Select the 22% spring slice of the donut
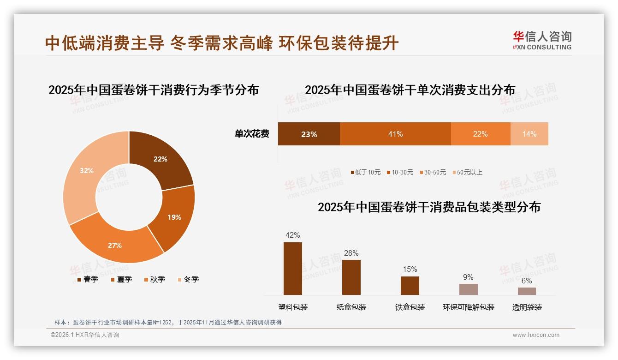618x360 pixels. [161, 160]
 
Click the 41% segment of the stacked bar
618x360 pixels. [395, 134]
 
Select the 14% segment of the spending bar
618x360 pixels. [529, 134]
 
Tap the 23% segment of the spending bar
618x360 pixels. [309, 134]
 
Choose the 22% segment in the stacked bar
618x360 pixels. [480, 134]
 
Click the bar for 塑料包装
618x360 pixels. [293, 269]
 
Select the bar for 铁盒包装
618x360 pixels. [410, 286]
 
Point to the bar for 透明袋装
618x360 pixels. [527, 291]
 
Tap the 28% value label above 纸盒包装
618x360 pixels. [351, 253]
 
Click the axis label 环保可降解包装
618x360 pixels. [468, 307]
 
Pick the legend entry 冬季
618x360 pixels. [188, 280]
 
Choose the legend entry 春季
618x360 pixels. [88, 280]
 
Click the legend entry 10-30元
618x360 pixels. [400, 173]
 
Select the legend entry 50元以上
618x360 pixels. [467, 173]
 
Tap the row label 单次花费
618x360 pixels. [252, 134]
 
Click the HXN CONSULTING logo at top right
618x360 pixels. [542, 41]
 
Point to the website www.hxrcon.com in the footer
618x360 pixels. [536, 335]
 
